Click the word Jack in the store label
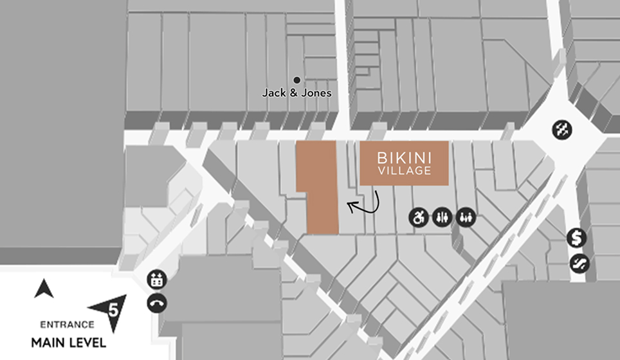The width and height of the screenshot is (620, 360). click(273, 93)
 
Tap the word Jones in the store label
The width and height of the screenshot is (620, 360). click(316, 93)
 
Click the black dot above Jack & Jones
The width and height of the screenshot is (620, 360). click(297, 80)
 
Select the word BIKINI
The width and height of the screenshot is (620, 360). click(404, 158)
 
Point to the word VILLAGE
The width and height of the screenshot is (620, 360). click(404, 171)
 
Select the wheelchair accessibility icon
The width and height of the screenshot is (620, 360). click(419, 217)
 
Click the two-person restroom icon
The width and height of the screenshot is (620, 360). click(441, 217)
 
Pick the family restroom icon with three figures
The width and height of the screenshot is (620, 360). click(465, 217)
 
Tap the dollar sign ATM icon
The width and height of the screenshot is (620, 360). click(577, 239)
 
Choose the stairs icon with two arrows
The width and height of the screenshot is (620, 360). click(561, 130)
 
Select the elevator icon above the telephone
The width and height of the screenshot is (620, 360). click(157, 280)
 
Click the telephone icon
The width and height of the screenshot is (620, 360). click(157, 302)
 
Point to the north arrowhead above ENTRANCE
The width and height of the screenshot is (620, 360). click(44, 289)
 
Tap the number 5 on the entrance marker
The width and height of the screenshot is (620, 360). click(114, 310)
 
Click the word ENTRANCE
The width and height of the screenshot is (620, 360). click(63, 324)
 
